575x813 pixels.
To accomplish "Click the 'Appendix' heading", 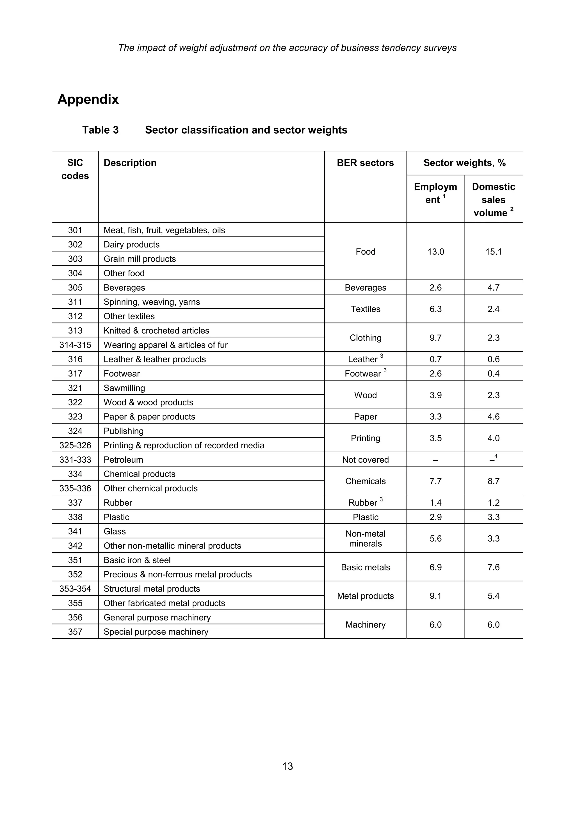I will pos(88,99).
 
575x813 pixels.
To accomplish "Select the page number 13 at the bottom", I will pos(287,766).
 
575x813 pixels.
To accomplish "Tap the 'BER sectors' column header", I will pos(365,163).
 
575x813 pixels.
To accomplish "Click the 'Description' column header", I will pos(130,163).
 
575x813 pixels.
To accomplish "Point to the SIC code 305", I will pos(75,287).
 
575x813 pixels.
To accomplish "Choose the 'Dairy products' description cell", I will pos(131,245).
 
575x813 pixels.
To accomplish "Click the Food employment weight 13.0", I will pos(435,252).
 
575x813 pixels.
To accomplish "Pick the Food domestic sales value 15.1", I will pos(493,252).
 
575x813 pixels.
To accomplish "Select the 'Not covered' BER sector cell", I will pos(365,460).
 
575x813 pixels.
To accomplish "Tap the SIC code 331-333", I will pos(75,460).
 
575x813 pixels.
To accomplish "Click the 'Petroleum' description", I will pos(123,460).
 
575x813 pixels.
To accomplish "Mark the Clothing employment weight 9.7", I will pos(435,338).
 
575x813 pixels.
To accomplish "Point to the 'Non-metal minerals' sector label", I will pos(365,538).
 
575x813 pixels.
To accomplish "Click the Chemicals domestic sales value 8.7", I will pos(493,481).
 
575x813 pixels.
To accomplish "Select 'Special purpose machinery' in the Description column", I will pos(156,632).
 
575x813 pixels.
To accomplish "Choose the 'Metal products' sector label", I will pos(365,596).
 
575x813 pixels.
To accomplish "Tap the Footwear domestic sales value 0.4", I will pos(493,374).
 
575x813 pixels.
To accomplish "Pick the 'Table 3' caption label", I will pos(100,130).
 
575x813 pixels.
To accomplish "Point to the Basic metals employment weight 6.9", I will pos(435,567).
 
